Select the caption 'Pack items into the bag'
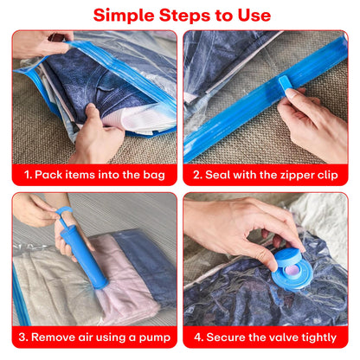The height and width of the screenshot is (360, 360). pyautogui.click(x=94, y=174)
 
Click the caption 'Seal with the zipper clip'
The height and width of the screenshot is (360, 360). pyautogui.click(x=266, y=174)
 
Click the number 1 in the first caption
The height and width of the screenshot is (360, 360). pyautogui.click(x=28, y=174)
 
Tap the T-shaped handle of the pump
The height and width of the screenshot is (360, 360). pyautogui.click(x=62, y=210)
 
